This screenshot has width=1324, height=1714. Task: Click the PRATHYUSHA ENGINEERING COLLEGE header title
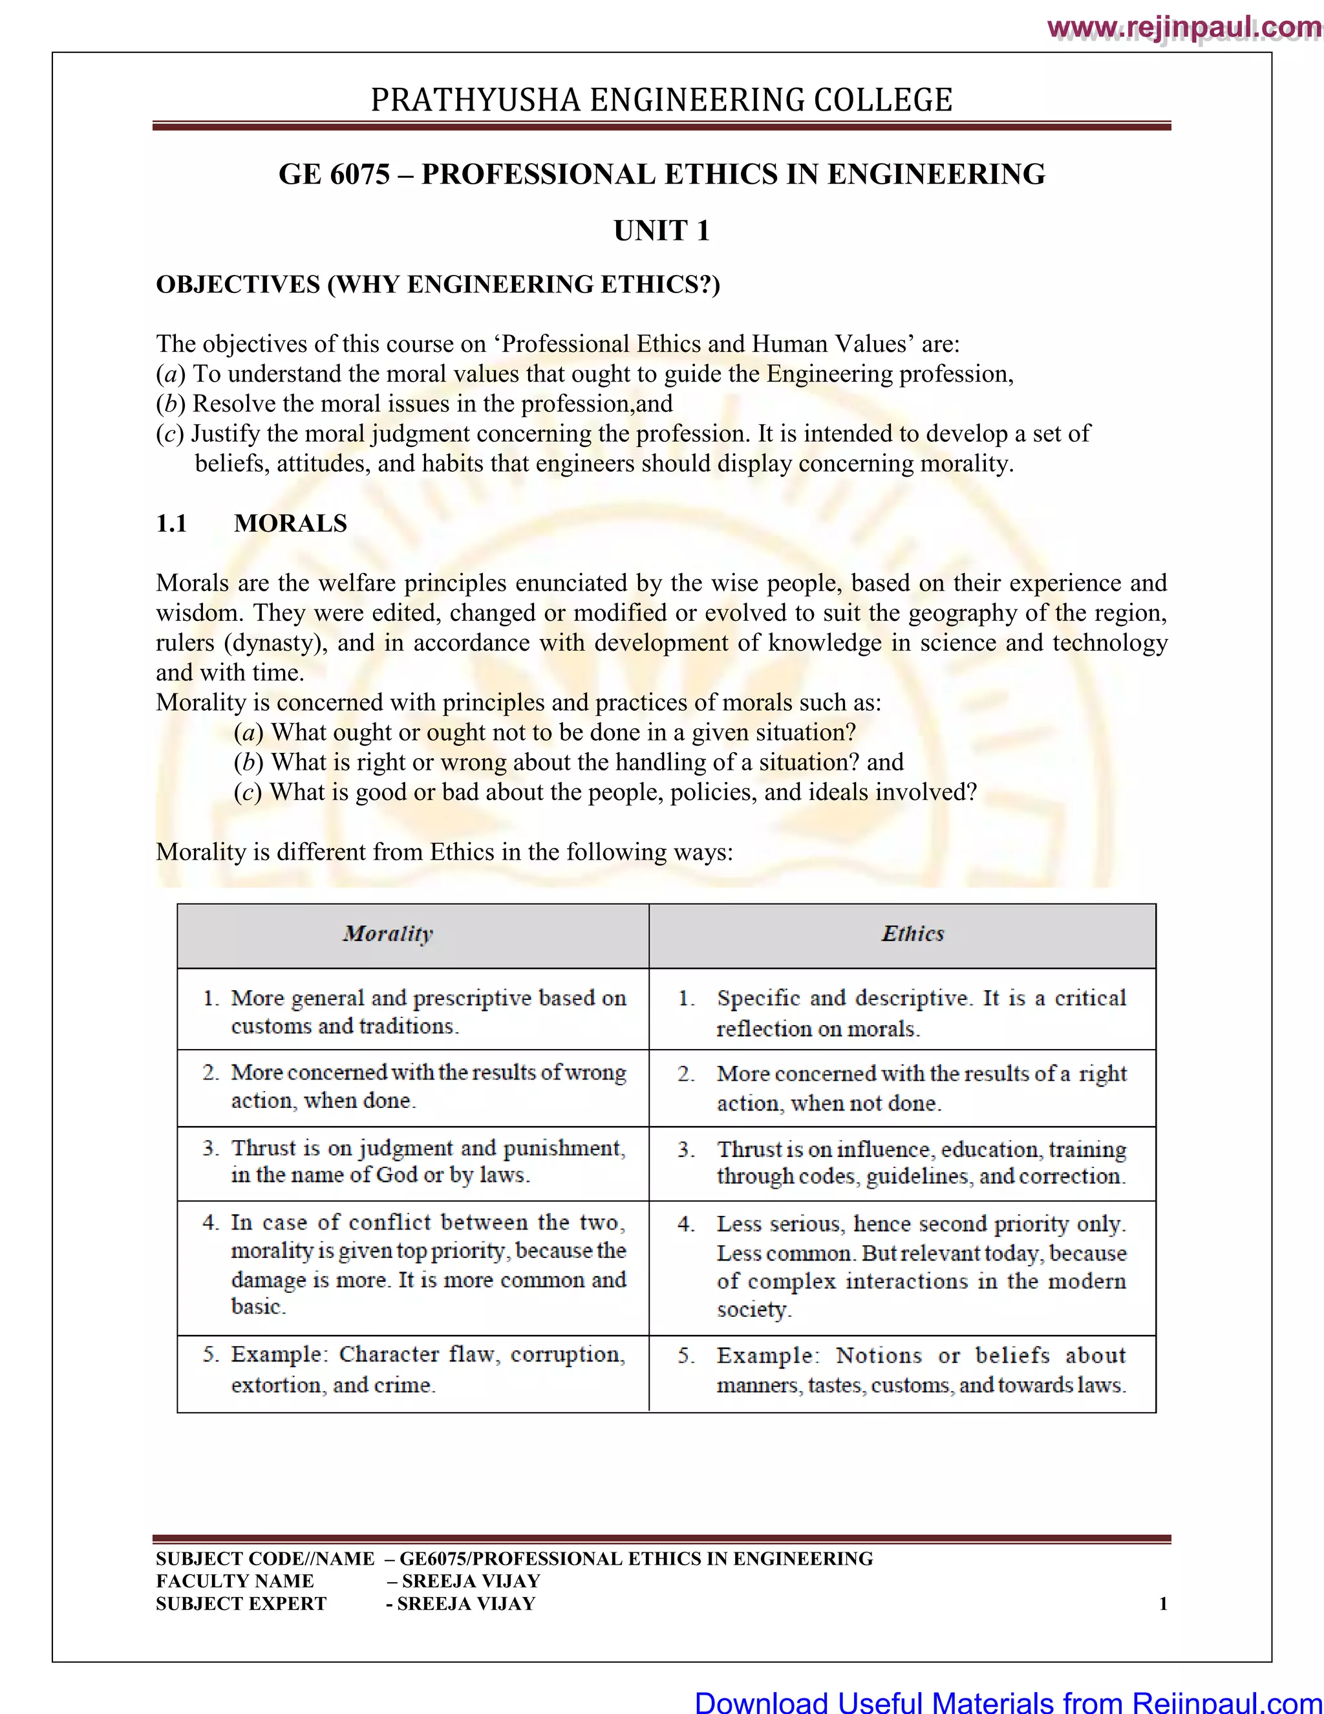[661, 100]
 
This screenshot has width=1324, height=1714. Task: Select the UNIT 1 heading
[661, 231]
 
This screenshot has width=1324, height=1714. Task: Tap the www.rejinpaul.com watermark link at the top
[1184, 28]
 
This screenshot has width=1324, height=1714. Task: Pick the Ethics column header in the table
[912, 934]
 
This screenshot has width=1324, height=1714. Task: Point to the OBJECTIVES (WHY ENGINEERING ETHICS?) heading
[438, 284]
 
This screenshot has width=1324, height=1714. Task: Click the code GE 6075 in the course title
[334, 174]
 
